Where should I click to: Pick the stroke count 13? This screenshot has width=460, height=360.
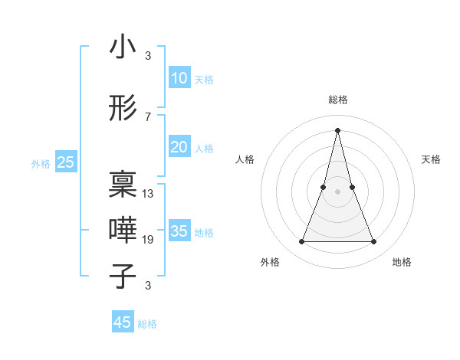[x=148, y=194]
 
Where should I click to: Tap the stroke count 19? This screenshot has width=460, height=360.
[x=148, y=240]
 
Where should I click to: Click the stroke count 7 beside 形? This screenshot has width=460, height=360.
[x=147, y=116]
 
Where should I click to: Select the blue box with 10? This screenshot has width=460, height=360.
[x=179, y=78]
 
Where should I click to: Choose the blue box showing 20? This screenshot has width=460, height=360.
[x=179, y=147]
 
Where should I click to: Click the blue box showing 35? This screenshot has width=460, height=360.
[x=179, y=231]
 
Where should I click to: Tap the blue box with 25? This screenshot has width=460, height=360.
[x=66, y=162]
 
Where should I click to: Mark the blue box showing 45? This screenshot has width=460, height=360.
[x=123, y=322]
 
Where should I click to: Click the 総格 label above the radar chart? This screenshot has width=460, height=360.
[x=337, y=100]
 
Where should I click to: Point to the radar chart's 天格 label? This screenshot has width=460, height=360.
[x=431, y=159]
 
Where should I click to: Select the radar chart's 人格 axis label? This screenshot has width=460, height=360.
[x=245, y=159]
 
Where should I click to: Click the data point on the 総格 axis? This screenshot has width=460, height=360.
[x=337, y=129]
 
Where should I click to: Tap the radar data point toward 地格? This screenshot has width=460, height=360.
[x=374, y=242]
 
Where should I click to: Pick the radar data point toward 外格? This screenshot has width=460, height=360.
[x=301, y=242]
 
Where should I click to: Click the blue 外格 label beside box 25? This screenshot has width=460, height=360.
[x=41, y=163]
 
